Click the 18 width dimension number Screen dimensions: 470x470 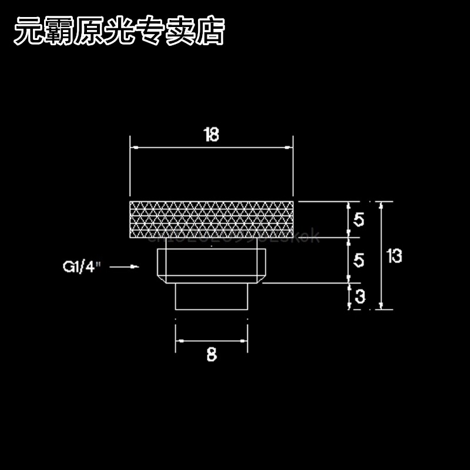click(x=211, y=135)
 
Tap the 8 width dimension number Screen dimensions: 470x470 click(x=212, y=354)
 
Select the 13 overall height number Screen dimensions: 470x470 click(x=395, y=256)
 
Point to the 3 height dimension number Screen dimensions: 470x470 click(x=360, y=297)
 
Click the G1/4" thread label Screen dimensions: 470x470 click(x=82, y=267)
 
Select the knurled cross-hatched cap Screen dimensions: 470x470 click(x=211, y=219)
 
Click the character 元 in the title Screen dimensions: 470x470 click(x=28, y=32)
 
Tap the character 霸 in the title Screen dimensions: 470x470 click(x=58, y=32)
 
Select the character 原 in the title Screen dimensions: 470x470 click(x=89, y=32)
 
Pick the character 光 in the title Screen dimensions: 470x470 click(x=119, y=32)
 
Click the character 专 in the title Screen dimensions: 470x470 click(x=150, y=32)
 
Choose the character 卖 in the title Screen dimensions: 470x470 click(x=180, y=32)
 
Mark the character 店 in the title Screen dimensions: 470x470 click(x=210, y=32)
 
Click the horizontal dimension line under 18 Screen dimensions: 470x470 click(x=211, y=147)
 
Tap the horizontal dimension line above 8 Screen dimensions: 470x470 click(x=212, y=340)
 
